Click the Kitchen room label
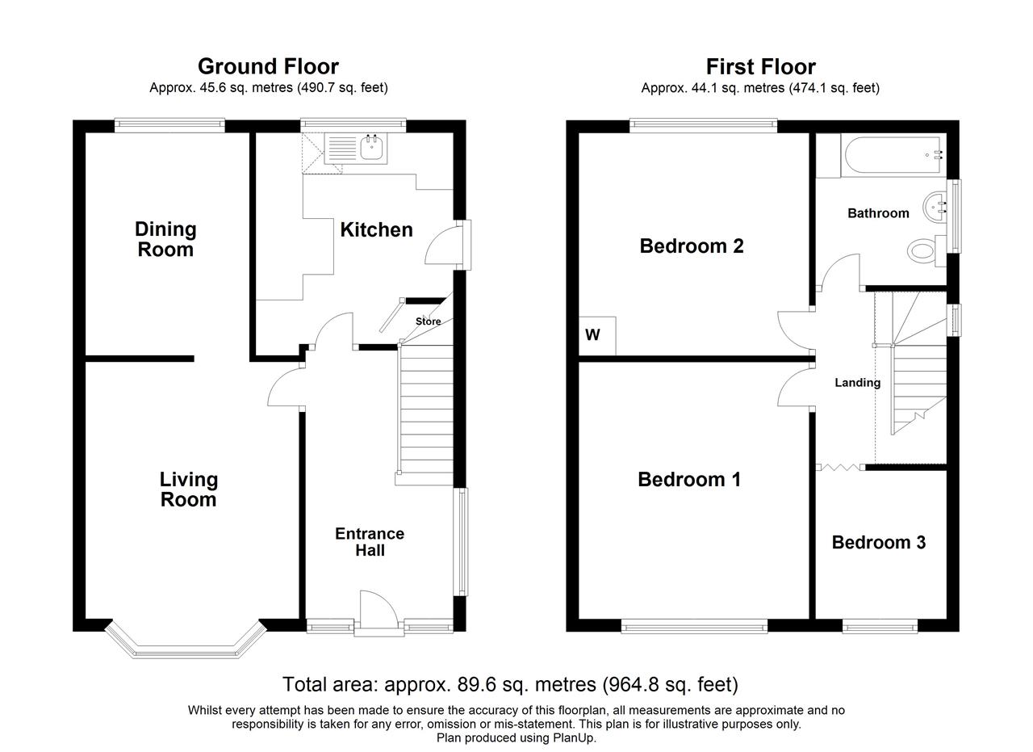[376, 230]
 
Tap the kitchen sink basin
[371, 147]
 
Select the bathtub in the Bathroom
[891, 156]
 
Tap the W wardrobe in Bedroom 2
[597, 335]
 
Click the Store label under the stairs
[428, 321]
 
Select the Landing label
[857, 383]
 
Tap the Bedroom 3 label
[879, 543]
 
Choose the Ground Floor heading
[269, 66]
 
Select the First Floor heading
[761, 66]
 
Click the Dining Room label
[165, 239]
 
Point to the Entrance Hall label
[370, 542]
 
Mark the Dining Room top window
[169, 125]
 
